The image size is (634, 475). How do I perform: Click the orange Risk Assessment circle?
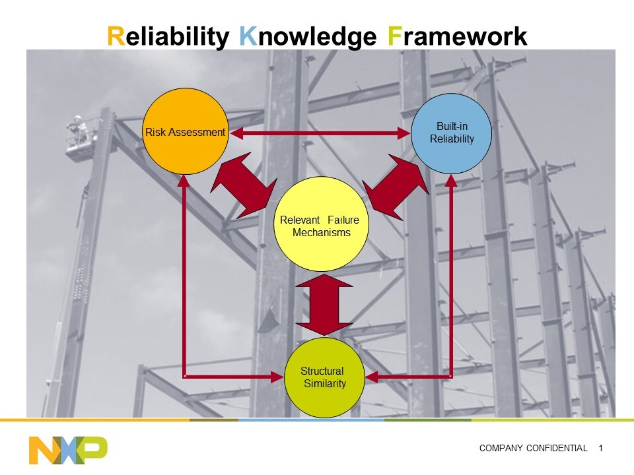point(186,152)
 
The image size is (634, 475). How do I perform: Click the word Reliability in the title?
point(168,36)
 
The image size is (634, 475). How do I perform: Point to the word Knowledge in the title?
point(308,36)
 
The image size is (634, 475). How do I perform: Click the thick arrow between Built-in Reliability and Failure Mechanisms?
point(396,187)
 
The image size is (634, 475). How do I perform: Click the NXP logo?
point(68,449)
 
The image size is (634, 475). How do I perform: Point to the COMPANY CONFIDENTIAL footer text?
point(533,449)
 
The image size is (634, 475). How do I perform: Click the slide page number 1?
point(600,449)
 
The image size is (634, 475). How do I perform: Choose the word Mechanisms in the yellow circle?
point(322,233)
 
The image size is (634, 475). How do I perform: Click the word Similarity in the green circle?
point(325,384)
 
